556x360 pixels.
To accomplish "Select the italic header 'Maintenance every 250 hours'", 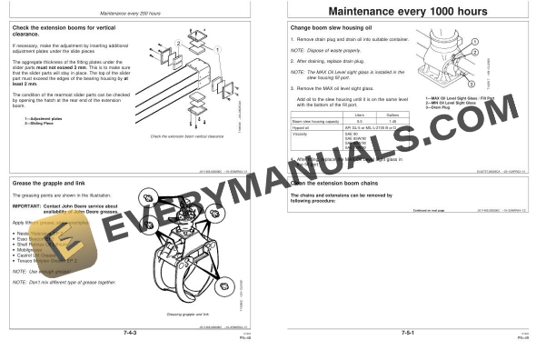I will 137,12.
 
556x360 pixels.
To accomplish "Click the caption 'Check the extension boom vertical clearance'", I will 185,136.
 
